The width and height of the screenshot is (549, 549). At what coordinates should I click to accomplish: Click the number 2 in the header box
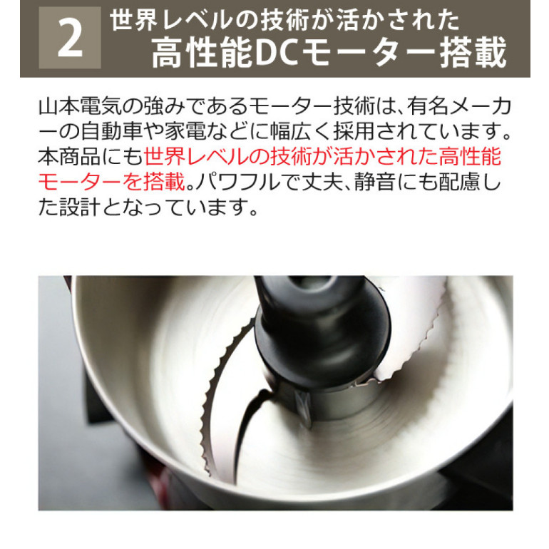[x=71, y=39]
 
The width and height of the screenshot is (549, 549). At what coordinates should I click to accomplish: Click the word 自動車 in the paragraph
[x=112, y=131]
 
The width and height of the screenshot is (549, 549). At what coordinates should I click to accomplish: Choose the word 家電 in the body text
[x=185, y=131]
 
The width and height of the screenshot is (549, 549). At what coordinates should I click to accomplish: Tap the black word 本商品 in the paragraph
[x=69, y=157]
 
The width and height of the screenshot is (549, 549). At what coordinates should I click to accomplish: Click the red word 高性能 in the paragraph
[x=470, y=157]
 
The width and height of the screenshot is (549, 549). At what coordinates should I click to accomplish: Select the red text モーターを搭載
[x=111, y=182]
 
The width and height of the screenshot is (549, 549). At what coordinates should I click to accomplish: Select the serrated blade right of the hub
[x=413, y=336]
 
